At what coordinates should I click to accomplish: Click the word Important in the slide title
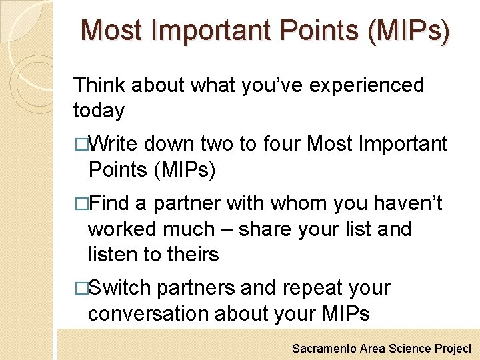[x=214, y=31]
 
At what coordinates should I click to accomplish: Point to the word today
[x=99, y=110]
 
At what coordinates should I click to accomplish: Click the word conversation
[x=148, y=314]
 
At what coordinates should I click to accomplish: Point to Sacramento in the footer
[x=324, y=349]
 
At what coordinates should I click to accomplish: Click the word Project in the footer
[x=453, y=349]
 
